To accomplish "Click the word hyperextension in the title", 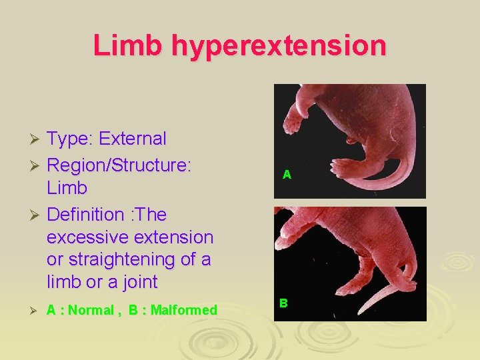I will (279, 45).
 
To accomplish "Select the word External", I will (132, 139).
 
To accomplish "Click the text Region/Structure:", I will (119, 164).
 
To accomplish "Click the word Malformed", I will (183, 310).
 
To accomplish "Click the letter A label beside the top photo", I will (287, 175).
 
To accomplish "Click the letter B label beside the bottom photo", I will (283, 303).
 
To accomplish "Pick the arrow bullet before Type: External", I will (37, 139).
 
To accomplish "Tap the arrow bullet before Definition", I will (37, 215).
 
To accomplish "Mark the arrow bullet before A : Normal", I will (37, 310).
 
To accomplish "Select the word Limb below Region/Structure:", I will (67, 187).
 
